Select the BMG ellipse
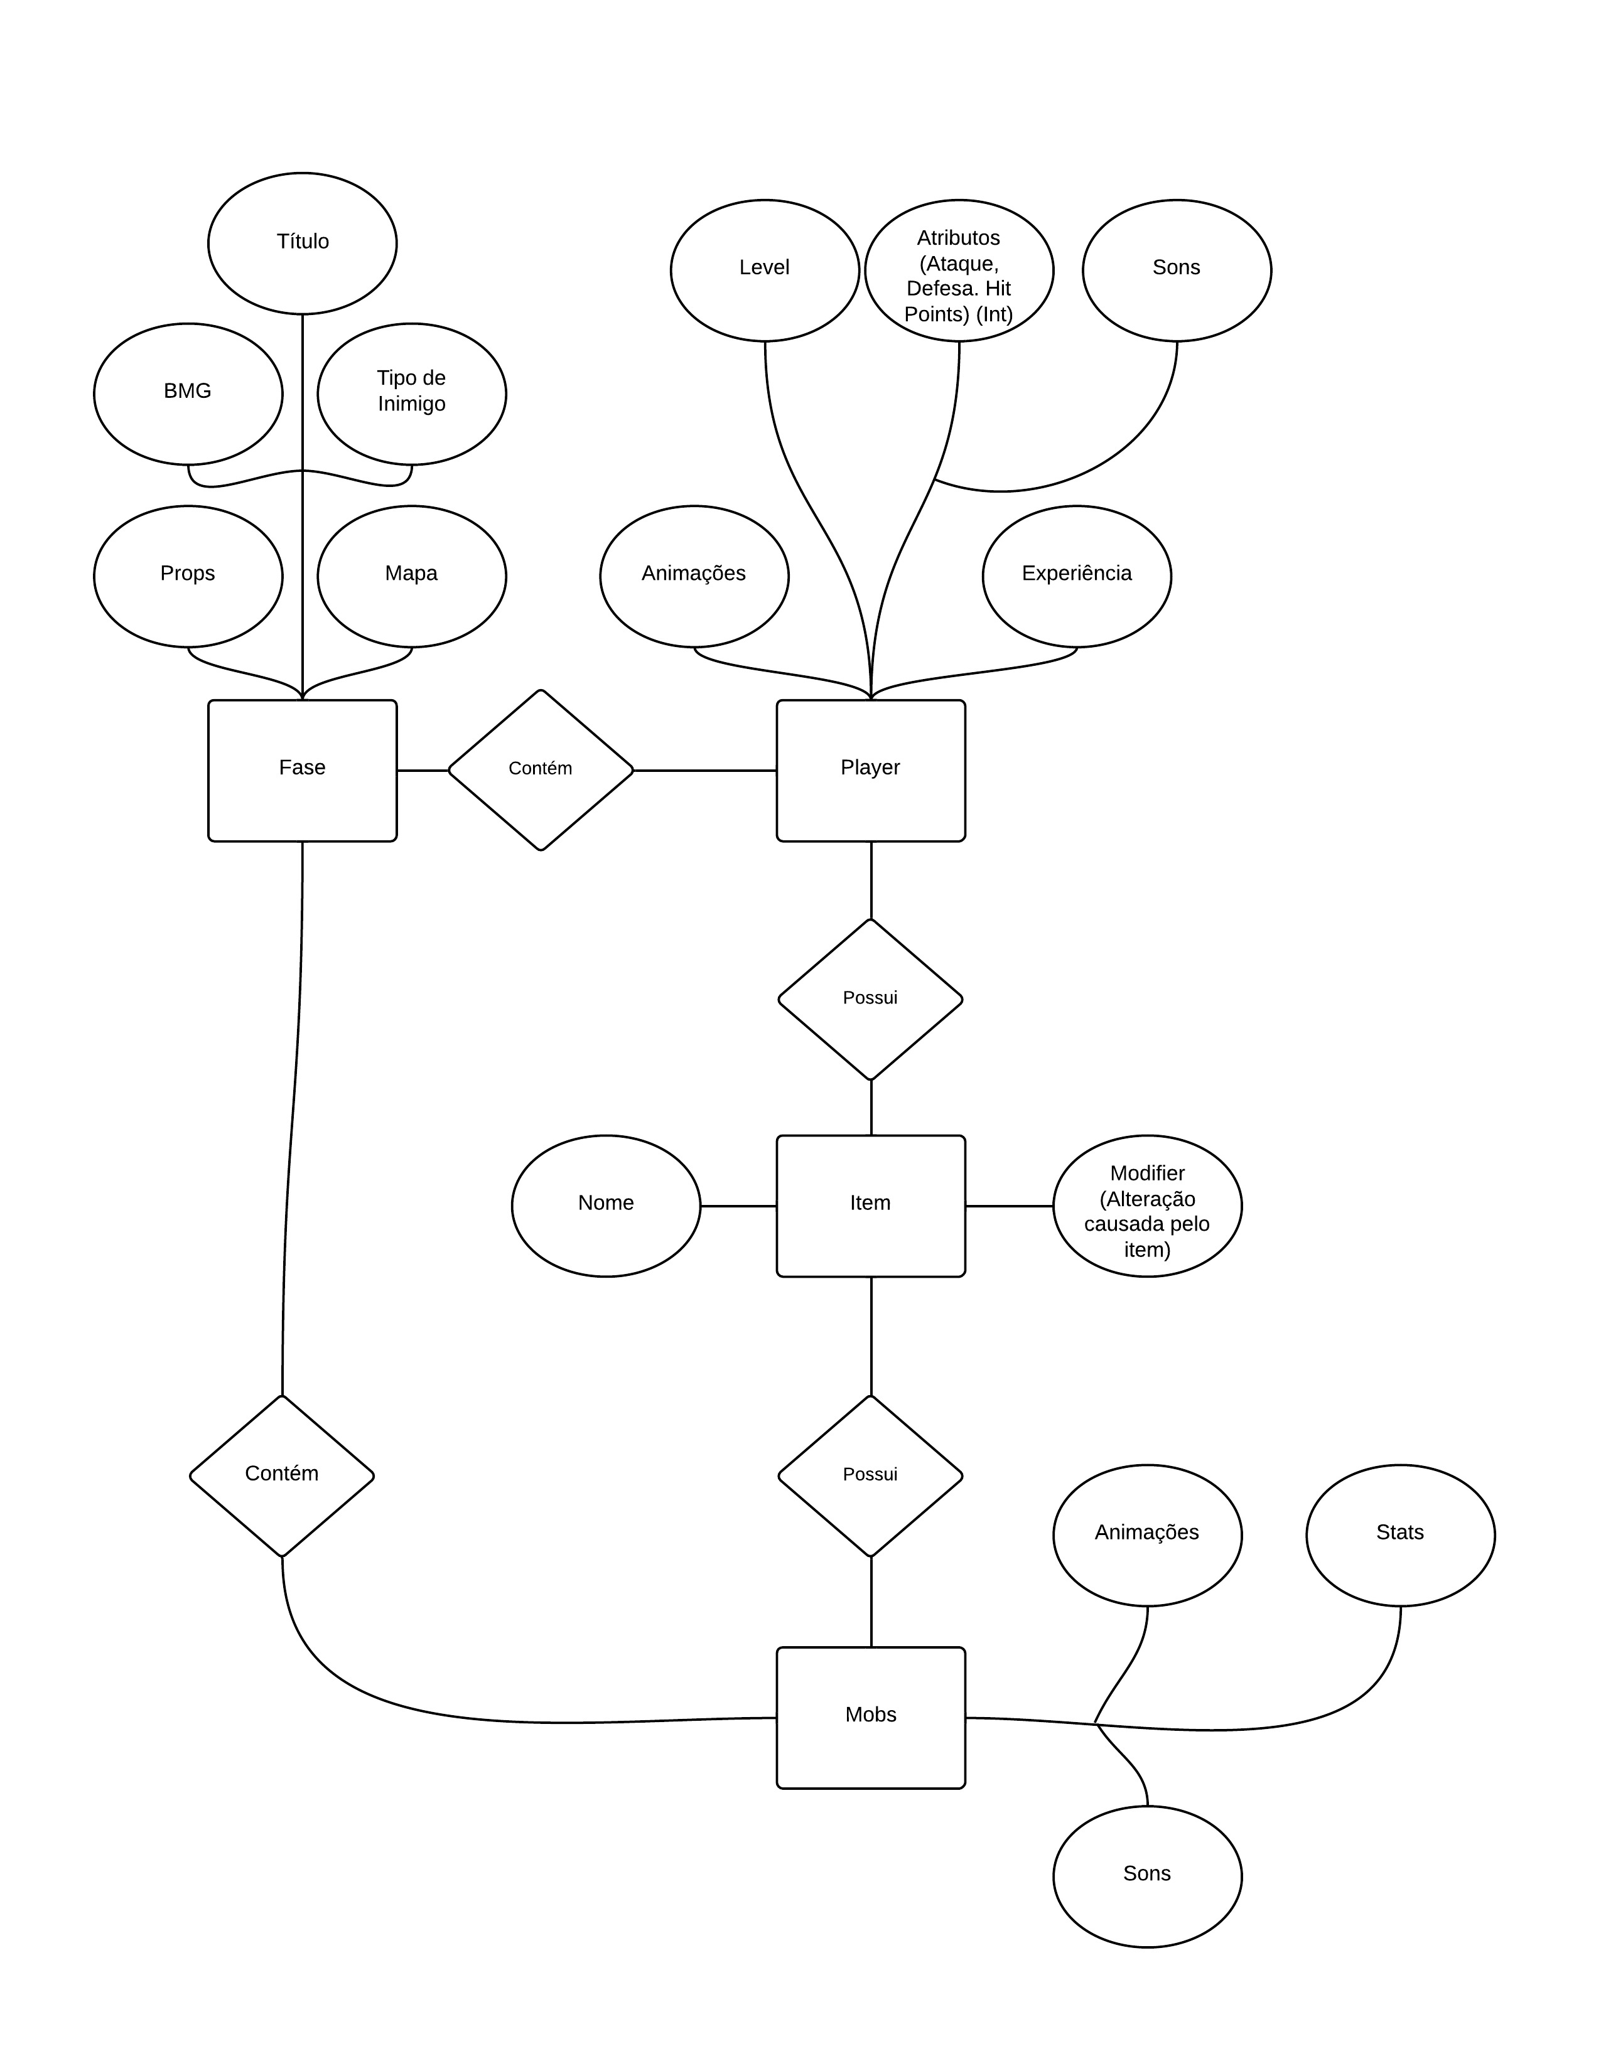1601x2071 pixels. (188, 393)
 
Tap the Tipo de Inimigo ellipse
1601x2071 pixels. (412, 393)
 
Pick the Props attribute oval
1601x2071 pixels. (188, 575)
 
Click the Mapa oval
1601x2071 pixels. (412, 575)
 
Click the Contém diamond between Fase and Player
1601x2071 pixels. (540, 770)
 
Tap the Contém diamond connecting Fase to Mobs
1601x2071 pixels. (282, 1475)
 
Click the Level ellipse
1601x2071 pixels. (765, 270)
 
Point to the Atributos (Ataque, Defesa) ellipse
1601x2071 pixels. (959, 270)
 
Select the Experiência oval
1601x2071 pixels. (1077, 575)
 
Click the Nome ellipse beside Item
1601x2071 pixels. (606, 1205)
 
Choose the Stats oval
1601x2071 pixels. (1400, 1535)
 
